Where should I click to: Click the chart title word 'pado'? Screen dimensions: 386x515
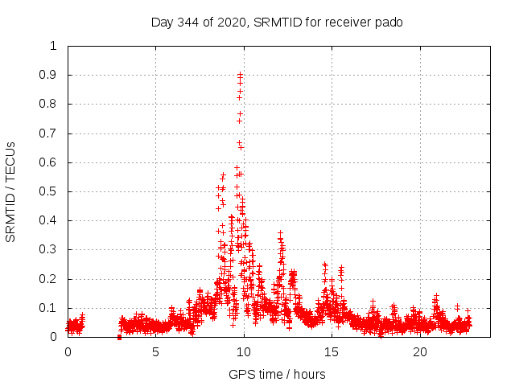click(387, 23)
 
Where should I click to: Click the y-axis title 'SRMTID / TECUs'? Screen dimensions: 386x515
click(11, 191)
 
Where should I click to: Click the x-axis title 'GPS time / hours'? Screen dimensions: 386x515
click(277, 375)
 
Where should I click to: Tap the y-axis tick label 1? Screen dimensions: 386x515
click(53, 46)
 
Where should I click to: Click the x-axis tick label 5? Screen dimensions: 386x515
click(155, 352)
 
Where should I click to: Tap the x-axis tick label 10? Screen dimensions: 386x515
click(244, 352)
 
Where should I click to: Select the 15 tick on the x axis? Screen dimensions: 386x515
click(332, 352)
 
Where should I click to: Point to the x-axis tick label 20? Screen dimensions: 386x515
click(420, 352)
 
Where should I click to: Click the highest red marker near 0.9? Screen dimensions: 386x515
click(240, 75)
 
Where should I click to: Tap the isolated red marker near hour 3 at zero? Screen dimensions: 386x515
click(119, 337)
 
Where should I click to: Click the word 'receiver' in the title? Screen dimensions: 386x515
click(348, 23)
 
